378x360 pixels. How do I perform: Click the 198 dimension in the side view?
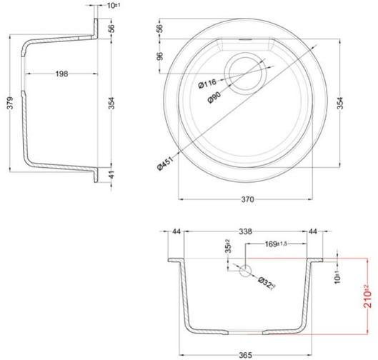point(61,74)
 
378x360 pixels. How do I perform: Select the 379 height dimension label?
point(11,103)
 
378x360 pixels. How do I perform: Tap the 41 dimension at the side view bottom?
point(111,175)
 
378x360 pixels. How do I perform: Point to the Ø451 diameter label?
point(165,163)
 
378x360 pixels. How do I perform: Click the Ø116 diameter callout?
point(207,84)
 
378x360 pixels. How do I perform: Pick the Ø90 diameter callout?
point(214,97)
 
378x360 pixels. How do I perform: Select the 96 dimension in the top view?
point(160,56)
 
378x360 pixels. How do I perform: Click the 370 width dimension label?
point(247,199)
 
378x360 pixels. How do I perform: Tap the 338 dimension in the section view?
point(245,231)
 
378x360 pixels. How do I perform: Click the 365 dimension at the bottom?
point(245,355)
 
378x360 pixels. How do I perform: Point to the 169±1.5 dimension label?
point(276,244)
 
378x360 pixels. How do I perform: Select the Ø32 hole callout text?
point(267,284)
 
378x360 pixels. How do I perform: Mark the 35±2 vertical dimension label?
point(228,246)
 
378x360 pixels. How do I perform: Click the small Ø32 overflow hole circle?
point(245,271)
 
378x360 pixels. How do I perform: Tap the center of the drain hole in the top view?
point(245,73)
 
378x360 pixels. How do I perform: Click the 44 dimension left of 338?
point(176,231)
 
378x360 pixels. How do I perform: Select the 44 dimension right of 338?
point(313,231)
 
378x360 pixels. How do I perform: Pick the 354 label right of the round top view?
point(339,103)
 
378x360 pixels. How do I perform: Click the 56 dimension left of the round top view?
point(160,29)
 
